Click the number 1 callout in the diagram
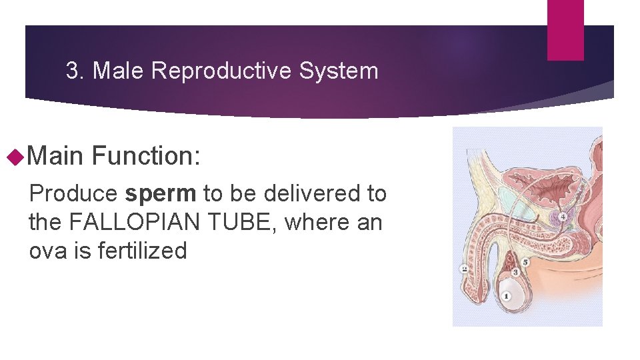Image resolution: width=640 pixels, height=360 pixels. pyautogui.click(x=507, y=295)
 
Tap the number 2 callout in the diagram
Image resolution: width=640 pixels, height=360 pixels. pyautogui.click(x=464, y=269)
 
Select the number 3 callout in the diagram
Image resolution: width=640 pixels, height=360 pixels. pyautogui.click(x=515, y=272)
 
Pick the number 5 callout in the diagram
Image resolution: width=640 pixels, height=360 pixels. pyautogui.click(x=525, y=262)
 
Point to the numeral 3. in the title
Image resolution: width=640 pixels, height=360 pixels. pyautogui.click(x=76, y=71)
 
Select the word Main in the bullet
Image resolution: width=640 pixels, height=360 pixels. pyautogui.click(x=56, y=157)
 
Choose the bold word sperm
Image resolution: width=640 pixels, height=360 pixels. pyautogui.click(x=161, y=194)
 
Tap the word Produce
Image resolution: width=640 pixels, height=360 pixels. pyautogui.click(x=73, y=194)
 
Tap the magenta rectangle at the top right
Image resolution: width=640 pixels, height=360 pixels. pyautogui.click(x=565, y=29)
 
